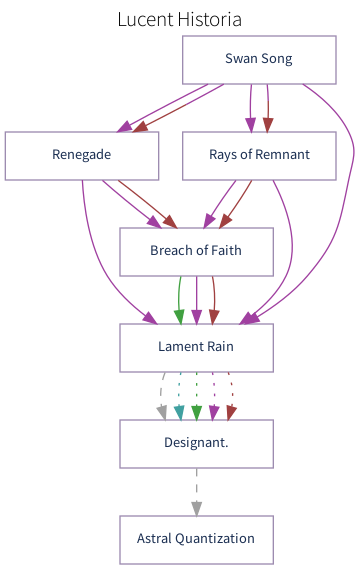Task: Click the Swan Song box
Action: [x=258, y=60]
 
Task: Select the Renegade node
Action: [x=81, y=155]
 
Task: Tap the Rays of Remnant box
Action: [x=259, y=155]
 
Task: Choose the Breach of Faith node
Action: [x=196, y=251]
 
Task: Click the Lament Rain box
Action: [x=196, y=347]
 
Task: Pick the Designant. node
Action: [x=196, y=443]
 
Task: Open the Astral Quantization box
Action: [x=196, y=539]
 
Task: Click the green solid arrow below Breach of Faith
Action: [x=180, y=299]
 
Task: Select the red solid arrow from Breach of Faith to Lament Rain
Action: [x=213, y=299]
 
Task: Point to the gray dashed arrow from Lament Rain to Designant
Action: [x=162, y=394]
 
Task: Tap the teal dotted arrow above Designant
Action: [x=179, y=394]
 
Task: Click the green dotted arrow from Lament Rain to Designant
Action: [x=196, y=394]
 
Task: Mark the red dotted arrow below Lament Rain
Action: [x=230, y=394]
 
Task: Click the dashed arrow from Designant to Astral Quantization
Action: [x=196, y=491]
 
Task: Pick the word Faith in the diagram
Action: [x=225, y=251]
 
